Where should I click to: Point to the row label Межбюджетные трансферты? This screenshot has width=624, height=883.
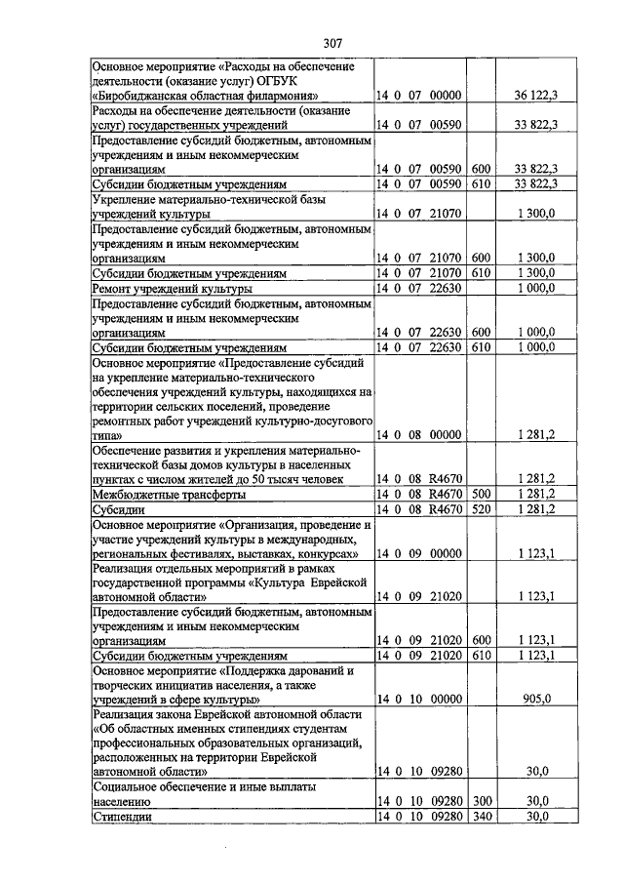[162, 495]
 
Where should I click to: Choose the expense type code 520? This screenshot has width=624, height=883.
[480, 509]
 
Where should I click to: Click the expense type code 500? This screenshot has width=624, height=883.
[480, 495]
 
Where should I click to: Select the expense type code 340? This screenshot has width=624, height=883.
[480, 816]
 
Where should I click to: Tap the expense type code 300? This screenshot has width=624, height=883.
[480, 800]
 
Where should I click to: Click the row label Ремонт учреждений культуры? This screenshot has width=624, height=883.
[172, 289]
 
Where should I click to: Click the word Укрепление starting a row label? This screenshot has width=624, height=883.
[127, 199]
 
